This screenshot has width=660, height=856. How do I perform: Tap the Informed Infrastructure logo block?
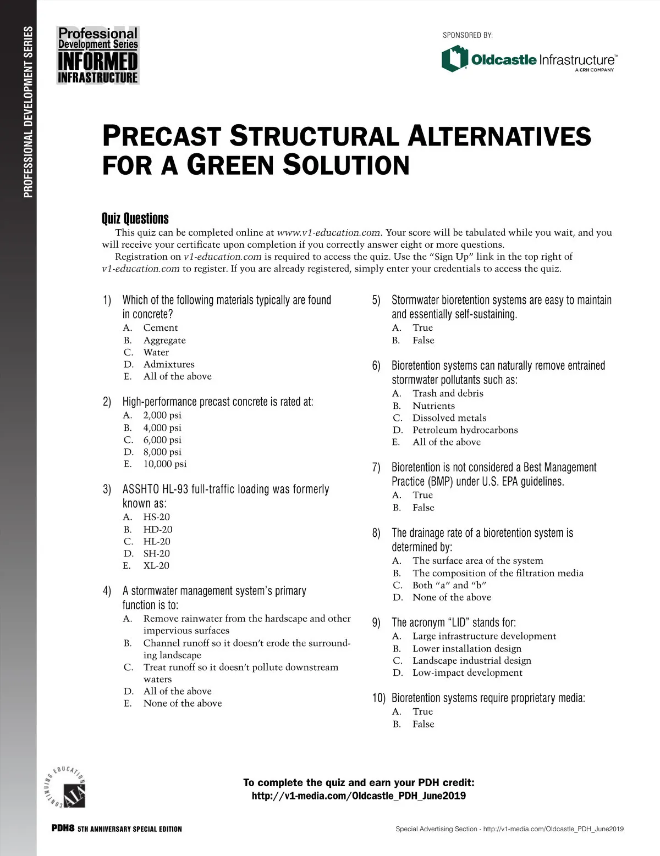[x=98, y=55]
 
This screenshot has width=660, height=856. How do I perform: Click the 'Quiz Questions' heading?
[x=135, y=219]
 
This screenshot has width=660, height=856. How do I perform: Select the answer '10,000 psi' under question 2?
[x=164, y=464]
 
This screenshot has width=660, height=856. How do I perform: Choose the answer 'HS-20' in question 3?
[x=156, y=517]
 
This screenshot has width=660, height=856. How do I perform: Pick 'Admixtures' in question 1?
[x=168, y=364]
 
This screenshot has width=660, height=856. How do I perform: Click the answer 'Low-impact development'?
[x=467, y=673]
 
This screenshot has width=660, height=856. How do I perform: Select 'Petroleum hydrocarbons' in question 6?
[x=465, y=430]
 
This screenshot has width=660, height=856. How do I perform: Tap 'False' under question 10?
[x=423, y=724]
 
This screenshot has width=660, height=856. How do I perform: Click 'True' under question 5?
[x=422, y=328]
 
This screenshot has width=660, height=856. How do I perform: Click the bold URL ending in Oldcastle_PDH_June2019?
[x=359, y=796]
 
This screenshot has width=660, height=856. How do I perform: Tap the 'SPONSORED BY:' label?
[x=468, y=35]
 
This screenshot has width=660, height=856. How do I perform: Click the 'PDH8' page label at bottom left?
[x=62, y=829]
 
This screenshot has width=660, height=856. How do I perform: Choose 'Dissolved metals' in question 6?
[x=449, y=418]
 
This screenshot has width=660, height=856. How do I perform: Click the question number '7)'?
[x=376, y=468]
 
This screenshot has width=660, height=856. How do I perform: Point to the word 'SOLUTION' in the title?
[x=346, y=165]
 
